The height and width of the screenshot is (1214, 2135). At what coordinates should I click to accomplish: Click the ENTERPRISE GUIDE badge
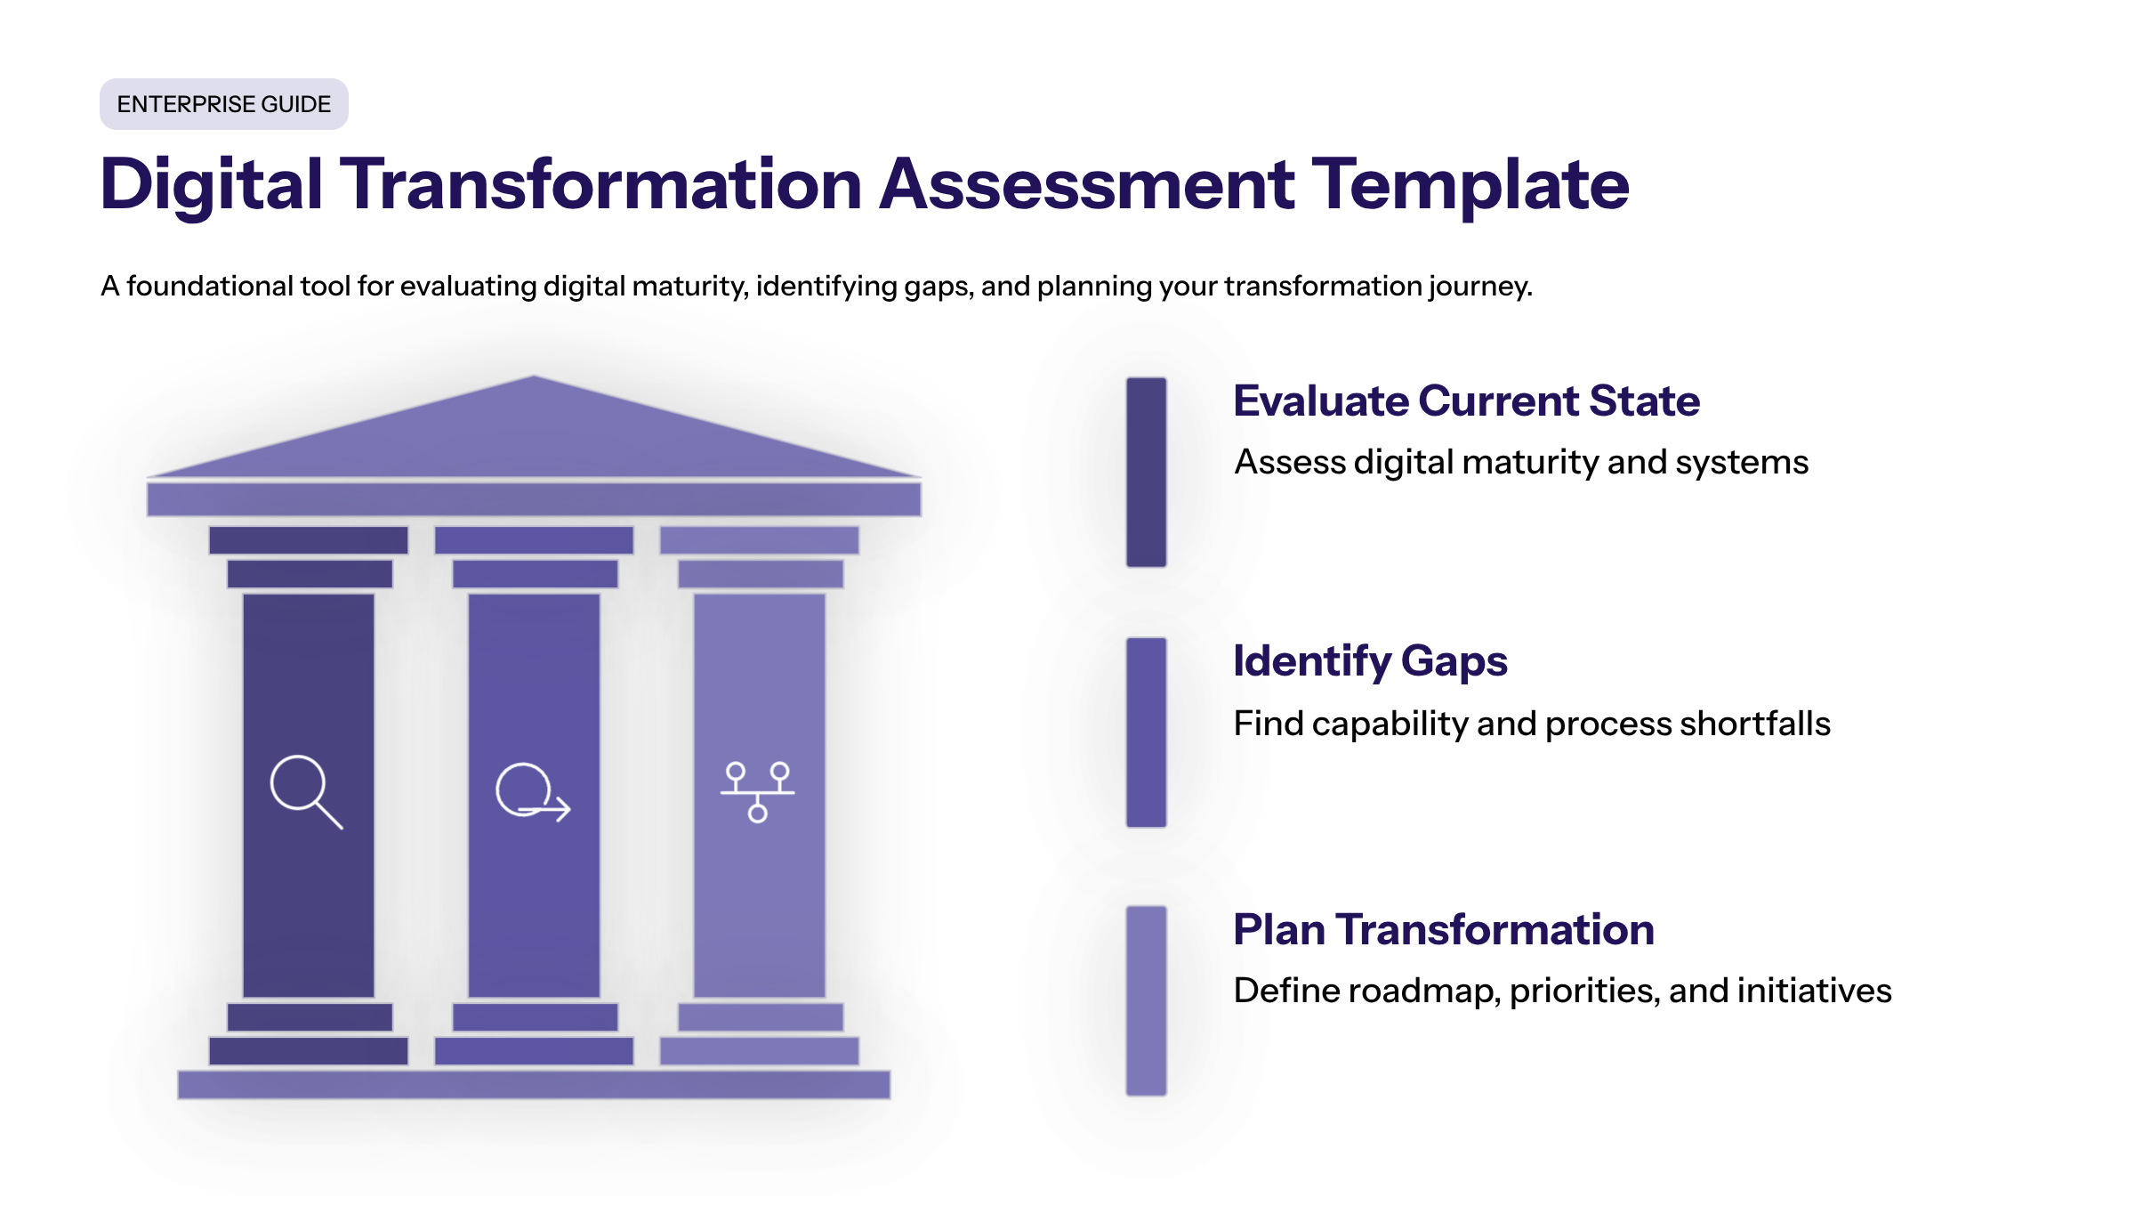click(x=223, y=104)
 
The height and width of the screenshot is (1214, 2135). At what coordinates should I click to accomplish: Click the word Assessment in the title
click(x=1086, y=184)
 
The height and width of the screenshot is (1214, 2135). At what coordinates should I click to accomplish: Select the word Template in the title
click(x=1470, y=184)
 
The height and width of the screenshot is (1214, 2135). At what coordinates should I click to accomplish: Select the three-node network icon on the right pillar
click(x=757, y=791)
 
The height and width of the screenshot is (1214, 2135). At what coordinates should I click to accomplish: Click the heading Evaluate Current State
click(x=1466, y=401)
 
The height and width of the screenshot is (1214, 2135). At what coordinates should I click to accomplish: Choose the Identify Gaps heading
click(x=1370, y=661)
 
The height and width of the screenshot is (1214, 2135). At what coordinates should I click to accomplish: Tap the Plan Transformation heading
click(x=1443, y=929)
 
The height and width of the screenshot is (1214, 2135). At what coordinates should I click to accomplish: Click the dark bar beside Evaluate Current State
click(x=1146, y=472)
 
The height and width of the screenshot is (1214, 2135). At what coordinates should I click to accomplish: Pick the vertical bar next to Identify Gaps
click(x=1146, y=732)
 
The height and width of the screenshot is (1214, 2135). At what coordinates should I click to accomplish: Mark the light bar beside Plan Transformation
click(x=1146, y=1000)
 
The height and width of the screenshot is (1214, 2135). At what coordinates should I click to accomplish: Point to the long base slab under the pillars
click(x=534, y=1084)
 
